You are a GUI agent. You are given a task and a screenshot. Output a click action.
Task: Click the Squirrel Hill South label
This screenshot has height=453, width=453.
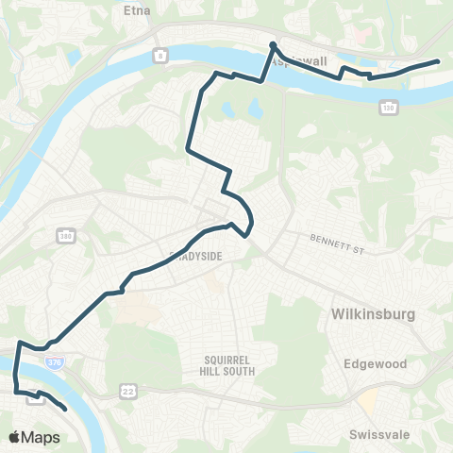[229, 365]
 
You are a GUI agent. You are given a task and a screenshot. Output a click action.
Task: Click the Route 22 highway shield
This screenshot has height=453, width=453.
[127, 390]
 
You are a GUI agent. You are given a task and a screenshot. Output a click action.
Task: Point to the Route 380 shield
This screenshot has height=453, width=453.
[65, 234]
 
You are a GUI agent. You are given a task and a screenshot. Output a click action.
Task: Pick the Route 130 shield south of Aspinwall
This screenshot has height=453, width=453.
[388, 109]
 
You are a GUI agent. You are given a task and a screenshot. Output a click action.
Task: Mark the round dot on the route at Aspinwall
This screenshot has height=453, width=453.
[272, 45]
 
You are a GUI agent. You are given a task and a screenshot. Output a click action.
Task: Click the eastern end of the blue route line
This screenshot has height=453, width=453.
[439, 61]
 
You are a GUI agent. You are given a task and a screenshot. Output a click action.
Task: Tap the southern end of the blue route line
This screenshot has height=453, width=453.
[64, 411]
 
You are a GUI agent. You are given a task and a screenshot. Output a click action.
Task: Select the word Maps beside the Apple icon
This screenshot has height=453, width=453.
[42, 437]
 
